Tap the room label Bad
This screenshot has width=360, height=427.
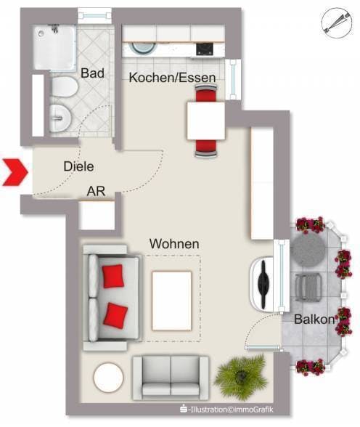pyautogui.click(x=93, y=73)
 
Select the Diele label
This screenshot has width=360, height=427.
pyautogui.click(x=78, y=166)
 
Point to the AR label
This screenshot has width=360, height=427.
pyautogui.click(x=97, y=192)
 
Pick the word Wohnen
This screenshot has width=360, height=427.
pyautogui.click(x=174, y=244)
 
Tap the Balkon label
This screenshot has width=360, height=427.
pyautogui.click(x=314, y=319)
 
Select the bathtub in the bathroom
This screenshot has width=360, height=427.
pyautogui.click(x=54, y=46)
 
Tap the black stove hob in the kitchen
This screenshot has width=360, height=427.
pyautogui.click(x=203, y=49)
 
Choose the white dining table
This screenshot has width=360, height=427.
pyautogui.click(x=206, y=121)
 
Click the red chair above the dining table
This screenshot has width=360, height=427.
pyautogui.click(x=207, y=93)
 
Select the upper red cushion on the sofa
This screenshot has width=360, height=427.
pyautogui.click(x=112, y=275)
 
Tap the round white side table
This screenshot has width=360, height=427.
pyautogui.click(x=108, y=376)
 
